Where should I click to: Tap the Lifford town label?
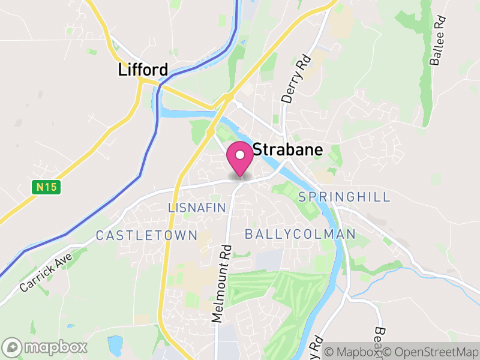(x=143, y=70)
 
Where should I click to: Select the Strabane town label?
(x=288, y=150)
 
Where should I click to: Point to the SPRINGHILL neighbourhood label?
(x=344, y=197)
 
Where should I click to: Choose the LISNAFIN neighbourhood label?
(x=197, y=208)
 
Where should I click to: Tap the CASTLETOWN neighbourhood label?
(x=146, y=235)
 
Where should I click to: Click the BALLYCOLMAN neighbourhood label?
(x=301, y=233)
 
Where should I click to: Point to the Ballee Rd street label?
(x=437, y=41)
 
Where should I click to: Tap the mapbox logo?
(x=45, y=347)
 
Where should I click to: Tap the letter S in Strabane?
(x=259, y=150)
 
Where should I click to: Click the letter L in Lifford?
(x=122, y=70)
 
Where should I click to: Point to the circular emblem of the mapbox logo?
(x=13, y=347)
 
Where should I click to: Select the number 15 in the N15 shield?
(x=49, y=187)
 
